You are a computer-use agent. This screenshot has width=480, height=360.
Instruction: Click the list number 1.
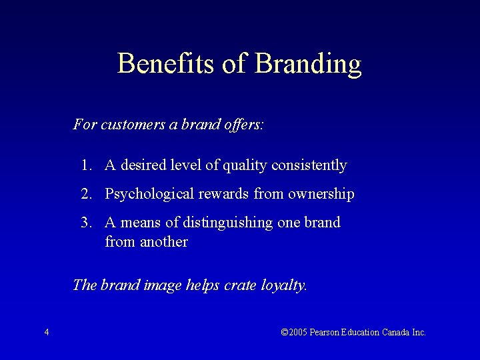pyautogui.click(x=86, y=165)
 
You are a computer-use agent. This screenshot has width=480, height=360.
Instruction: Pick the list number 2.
pyautogui.click(x=86, y=194)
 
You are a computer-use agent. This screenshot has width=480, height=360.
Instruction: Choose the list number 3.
pyautogui.click(x=86, y=223)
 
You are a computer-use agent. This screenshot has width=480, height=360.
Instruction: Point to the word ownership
pyautogui.click(x=321, y=194)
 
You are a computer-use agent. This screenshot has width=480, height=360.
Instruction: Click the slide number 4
pyautogui.click(x=46, y=332)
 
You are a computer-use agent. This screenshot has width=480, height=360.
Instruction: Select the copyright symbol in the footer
pyautogui.click(x=285, y=332)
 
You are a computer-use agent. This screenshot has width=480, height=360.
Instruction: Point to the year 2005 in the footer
pyautogui.click(x=297, y=332)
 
